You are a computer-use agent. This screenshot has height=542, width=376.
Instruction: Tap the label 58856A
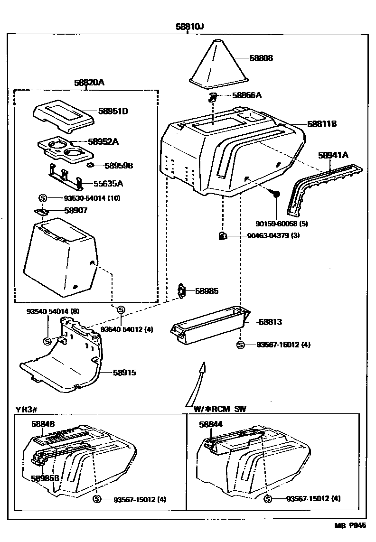247,95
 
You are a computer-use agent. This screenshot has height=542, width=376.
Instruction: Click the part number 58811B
321,124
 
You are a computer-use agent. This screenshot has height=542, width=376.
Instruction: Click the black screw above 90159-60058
276,194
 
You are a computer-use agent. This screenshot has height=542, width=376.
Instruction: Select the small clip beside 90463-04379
222,235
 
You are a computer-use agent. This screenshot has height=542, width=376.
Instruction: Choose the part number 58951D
113,111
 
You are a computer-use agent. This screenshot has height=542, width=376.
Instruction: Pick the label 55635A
108,183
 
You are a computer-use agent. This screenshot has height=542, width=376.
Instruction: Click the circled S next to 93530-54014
42,198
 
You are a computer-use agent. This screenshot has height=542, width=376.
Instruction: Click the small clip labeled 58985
181,290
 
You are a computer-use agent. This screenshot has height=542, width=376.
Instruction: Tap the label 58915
124,373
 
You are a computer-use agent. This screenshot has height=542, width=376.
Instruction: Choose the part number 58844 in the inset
211,424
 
